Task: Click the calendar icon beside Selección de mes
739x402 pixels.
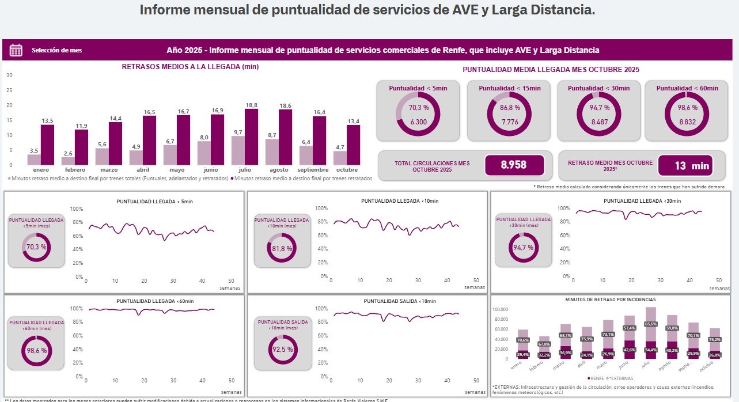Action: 16,50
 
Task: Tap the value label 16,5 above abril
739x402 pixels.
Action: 149,111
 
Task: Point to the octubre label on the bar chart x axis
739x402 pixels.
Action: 347,170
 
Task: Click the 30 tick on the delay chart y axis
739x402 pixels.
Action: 9,75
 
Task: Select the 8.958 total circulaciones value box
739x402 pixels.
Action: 514,165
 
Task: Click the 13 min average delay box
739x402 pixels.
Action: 685,166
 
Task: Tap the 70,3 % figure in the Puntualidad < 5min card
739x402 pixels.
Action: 418,108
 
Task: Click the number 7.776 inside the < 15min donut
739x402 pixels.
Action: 509,122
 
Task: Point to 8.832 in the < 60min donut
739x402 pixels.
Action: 687,122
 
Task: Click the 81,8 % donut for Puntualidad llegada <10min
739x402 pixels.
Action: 281,249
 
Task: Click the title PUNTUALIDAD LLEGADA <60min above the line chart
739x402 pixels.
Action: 155,301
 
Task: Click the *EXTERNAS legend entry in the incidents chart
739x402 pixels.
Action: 620,378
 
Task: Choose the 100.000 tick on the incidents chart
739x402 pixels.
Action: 501,309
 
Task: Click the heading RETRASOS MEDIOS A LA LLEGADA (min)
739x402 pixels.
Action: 190,67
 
